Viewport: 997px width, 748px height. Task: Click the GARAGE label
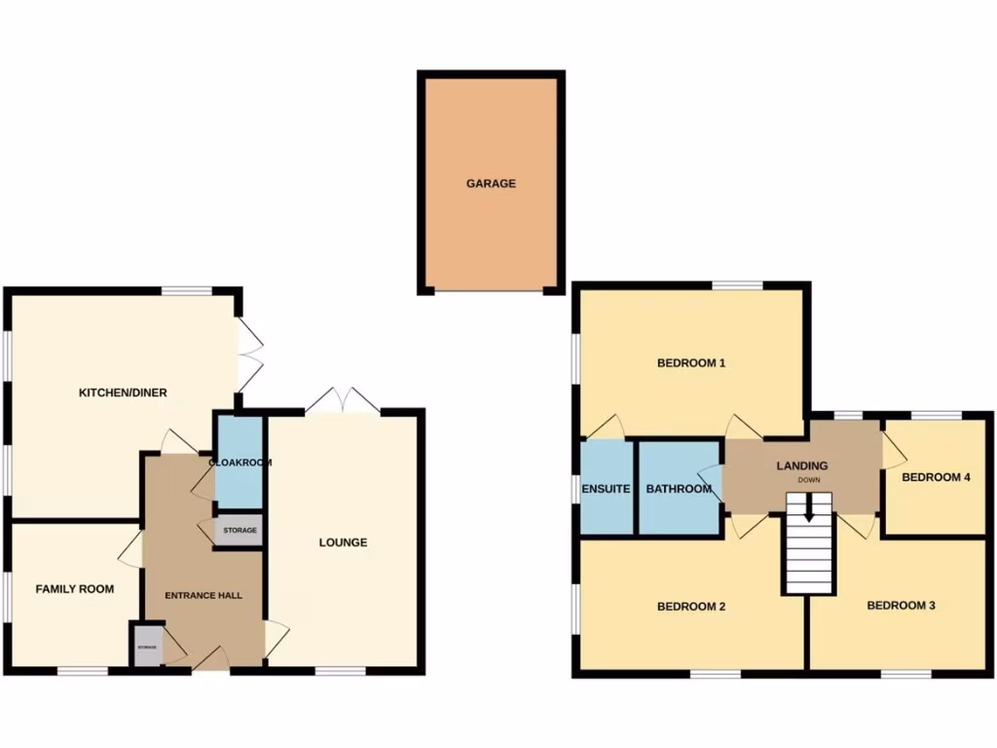490,183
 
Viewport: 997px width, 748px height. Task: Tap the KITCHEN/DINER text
123,393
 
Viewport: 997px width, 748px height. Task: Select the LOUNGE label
344,542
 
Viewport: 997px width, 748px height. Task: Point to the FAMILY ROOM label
75,589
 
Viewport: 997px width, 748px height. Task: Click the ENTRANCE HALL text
203,595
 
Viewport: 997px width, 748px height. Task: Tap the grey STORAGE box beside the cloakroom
240,531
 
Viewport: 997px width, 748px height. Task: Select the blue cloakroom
239,463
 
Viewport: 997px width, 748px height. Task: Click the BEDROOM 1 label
692,363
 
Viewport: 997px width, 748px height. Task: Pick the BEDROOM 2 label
692,606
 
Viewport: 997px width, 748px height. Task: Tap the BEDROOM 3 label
902,606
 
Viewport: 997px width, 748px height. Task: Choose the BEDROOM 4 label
937,477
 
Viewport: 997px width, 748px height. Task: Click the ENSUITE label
607,489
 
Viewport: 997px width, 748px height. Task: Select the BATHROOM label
679,489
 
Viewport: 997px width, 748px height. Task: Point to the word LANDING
801,467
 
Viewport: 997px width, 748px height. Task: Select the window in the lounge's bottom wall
341,670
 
